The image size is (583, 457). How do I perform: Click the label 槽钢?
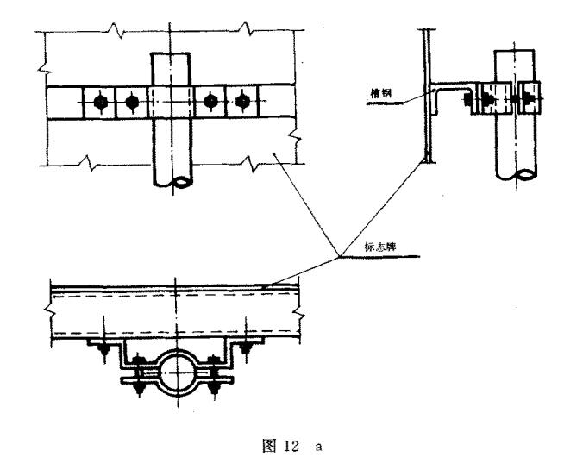click(x=381, y=92)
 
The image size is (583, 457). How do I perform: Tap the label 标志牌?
click(x=380, y=247)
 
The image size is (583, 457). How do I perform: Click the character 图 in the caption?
click(x=269, y=446)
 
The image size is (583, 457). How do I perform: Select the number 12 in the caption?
click(x=291, y=446)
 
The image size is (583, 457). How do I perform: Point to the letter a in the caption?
click(x=318, y=447)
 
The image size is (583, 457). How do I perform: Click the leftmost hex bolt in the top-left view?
click(x=100, y=102)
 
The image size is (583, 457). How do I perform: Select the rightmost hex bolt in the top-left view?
click(x=242, y=100)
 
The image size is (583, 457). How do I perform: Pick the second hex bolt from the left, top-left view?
click(x=132, y=102)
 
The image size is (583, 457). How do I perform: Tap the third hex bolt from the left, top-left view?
click(x=210, y=101)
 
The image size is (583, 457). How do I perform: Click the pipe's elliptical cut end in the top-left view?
click(x=183, y=182)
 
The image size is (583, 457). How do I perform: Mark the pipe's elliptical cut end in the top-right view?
click(x=526, y=173)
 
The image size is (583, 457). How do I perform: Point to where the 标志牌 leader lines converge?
click(x=339, y=257)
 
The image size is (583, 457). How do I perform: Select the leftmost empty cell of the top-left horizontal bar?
click(x=65, y=103)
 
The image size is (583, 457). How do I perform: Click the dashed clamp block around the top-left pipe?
click(x=171, y=102)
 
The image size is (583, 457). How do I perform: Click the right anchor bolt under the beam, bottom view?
click(x=245, y=347)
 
